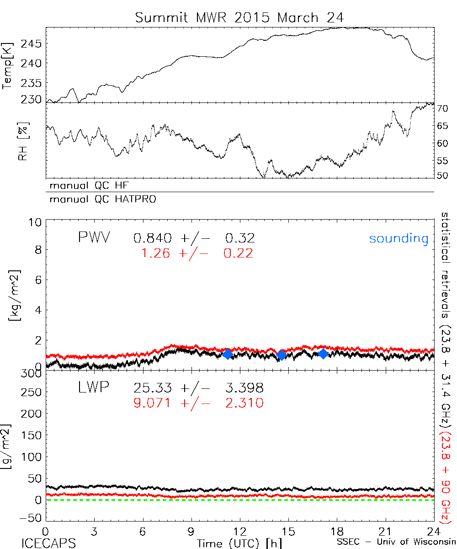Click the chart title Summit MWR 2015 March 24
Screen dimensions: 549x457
coord(239,17)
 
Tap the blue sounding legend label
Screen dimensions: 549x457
coord(399,238)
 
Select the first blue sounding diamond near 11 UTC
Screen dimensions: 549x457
coord(228,355)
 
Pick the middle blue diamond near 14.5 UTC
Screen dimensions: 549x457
coord(282,355)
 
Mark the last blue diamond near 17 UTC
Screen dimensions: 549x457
coord(323,354)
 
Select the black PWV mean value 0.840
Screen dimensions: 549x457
coord(153,238)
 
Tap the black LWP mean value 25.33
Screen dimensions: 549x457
coord(153,388)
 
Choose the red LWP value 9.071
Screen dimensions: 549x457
coord(153,403)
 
